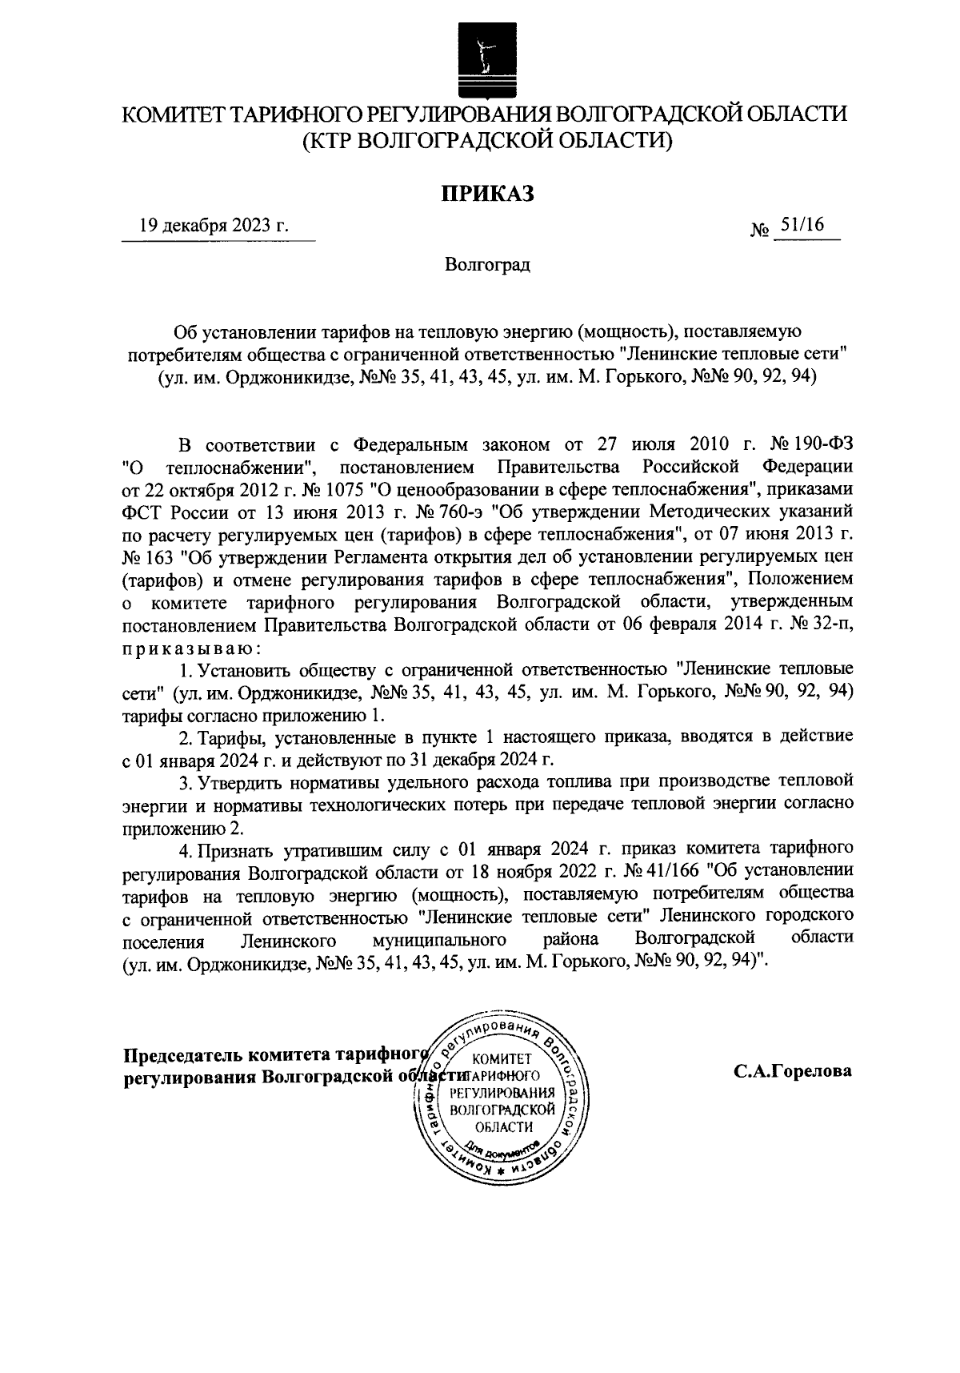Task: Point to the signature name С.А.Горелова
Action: click(793, 1071)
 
